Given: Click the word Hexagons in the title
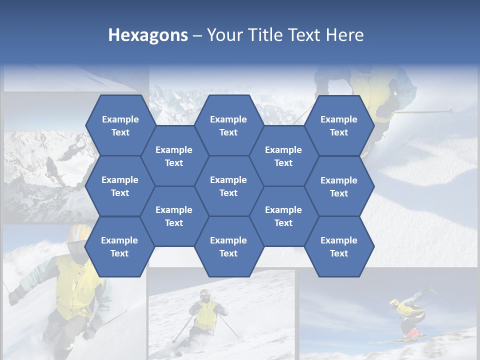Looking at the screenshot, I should coord(148,35).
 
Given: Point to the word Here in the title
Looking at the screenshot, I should coord(345,35).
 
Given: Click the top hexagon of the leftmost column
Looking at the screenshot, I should coord(120,125).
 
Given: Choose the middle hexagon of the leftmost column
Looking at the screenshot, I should coord(120,186).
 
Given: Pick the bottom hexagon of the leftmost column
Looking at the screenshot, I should coord(119,246).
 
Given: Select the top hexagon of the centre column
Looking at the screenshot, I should coord(228,125).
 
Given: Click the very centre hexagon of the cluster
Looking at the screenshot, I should coord(228,186).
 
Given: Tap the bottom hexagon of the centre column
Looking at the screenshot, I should coord(228,246).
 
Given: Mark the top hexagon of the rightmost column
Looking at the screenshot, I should coord(339,125).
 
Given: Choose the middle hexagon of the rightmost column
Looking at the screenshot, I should coord(339,186).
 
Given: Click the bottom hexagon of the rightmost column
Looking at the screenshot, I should coord(339,246).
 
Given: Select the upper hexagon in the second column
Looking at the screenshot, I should coord(174,156).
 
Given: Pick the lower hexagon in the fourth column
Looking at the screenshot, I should coord(283,216).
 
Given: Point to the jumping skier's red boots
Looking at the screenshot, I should coord(412,332).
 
